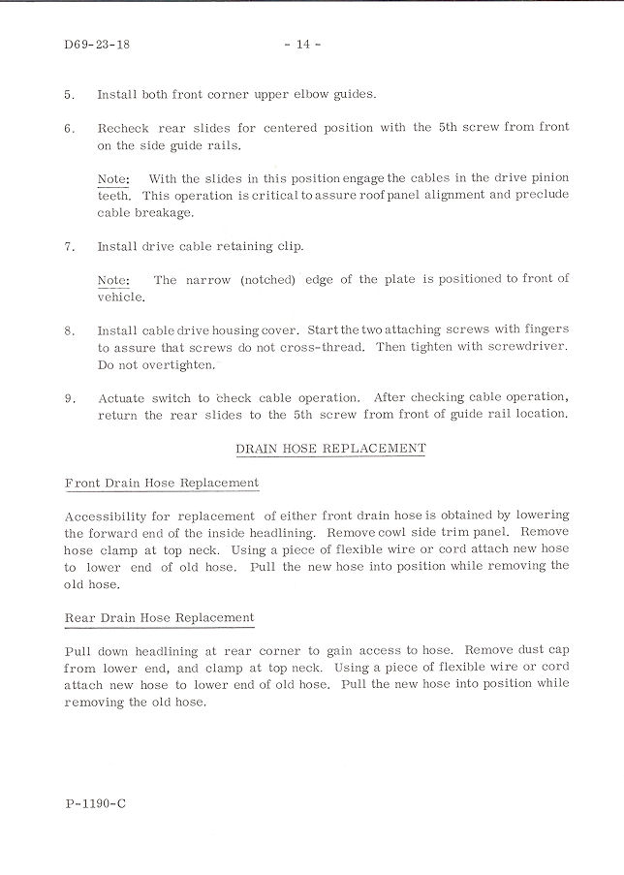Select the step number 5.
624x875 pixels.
69,95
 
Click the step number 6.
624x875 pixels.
69,128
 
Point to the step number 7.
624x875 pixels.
69,246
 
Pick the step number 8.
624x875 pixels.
69,330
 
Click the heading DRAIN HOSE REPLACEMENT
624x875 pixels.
331,449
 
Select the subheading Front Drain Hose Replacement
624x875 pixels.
162,483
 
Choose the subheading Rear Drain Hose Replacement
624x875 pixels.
160,617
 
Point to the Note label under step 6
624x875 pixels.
114,179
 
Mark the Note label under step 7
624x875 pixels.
114,280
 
